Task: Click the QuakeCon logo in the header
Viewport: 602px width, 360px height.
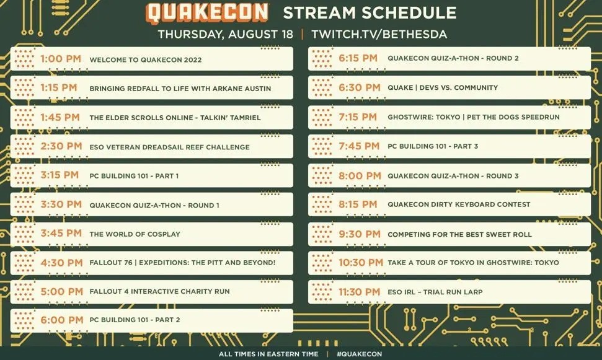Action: pyautogui.click(x=207, y=12)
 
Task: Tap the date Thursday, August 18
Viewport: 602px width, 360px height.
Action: pyautogui.click(x=226, y=34)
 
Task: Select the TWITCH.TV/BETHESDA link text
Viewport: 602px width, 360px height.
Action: pyautogui.click(x=379, y=34)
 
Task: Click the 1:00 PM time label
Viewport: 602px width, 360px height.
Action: pyautogui.click(x=61, y=59)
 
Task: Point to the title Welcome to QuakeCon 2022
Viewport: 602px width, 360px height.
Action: pyautogui.click(x=146, y=60)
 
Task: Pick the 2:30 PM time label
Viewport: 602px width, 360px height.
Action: pyautogui.click(x=61, y=146)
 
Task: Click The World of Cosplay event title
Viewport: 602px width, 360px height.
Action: pyautogui.click(x=135, y=234)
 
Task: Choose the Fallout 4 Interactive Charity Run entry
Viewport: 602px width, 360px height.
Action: pyautogui.click(x=160, y=291)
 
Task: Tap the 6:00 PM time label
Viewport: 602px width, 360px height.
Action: pyautogui.click(x=62, y=320)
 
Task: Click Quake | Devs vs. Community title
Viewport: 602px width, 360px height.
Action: pyautogui.click(x=443, y=87)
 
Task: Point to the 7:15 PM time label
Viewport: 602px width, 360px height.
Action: pyautogui.click(x=358, y=117)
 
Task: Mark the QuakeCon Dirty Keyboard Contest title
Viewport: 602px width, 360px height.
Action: pyautogui.click(x=459, y=204)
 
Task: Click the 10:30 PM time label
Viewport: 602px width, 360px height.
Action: pyautogui.click(x=361, y=263)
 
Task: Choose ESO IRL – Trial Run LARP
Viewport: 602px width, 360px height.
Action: pyautogui.click(x=435, y=292)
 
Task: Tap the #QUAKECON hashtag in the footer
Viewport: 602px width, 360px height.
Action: pyautogui.click(x=360, y=354)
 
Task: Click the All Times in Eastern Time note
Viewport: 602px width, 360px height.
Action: pyautogui.click(x=268, y=354)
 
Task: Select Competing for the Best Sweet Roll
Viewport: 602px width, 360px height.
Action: pyautogui.click(x=459, y=234)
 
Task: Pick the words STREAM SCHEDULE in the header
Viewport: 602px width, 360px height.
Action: pyautogui.click(x=370, y=12)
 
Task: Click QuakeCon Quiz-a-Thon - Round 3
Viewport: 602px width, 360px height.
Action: pyautogui.click(x=453, y=176)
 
